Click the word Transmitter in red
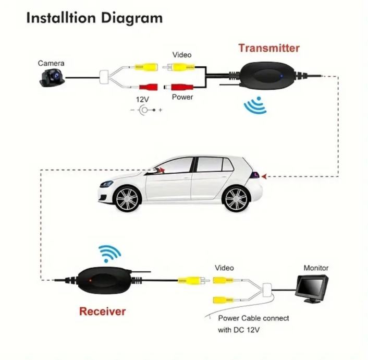coord(269,49)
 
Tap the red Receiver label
coord(103,311)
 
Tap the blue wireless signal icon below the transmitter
coord(255,106)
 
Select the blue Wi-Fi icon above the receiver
coord(109,254)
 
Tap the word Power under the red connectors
coord(182,97)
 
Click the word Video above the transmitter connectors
coord(182,55)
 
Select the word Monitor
coord(316,268)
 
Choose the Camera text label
coord(51,63)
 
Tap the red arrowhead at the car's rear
coord(264,176)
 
